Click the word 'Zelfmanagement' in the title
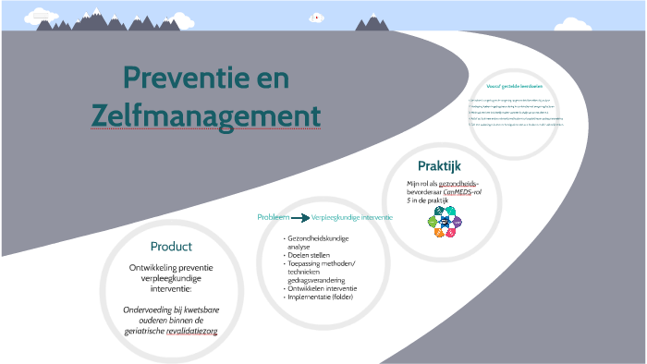[x=206, y=116]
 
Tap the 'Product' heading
[x=171, y=247]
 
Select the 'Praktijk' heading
[x=439, y=166]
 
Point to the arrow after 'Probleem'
[x=299, y=218]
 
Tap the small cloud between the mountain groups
[x=315, y=17]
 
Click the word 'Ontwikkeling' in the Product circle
[x=151, y=268]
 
